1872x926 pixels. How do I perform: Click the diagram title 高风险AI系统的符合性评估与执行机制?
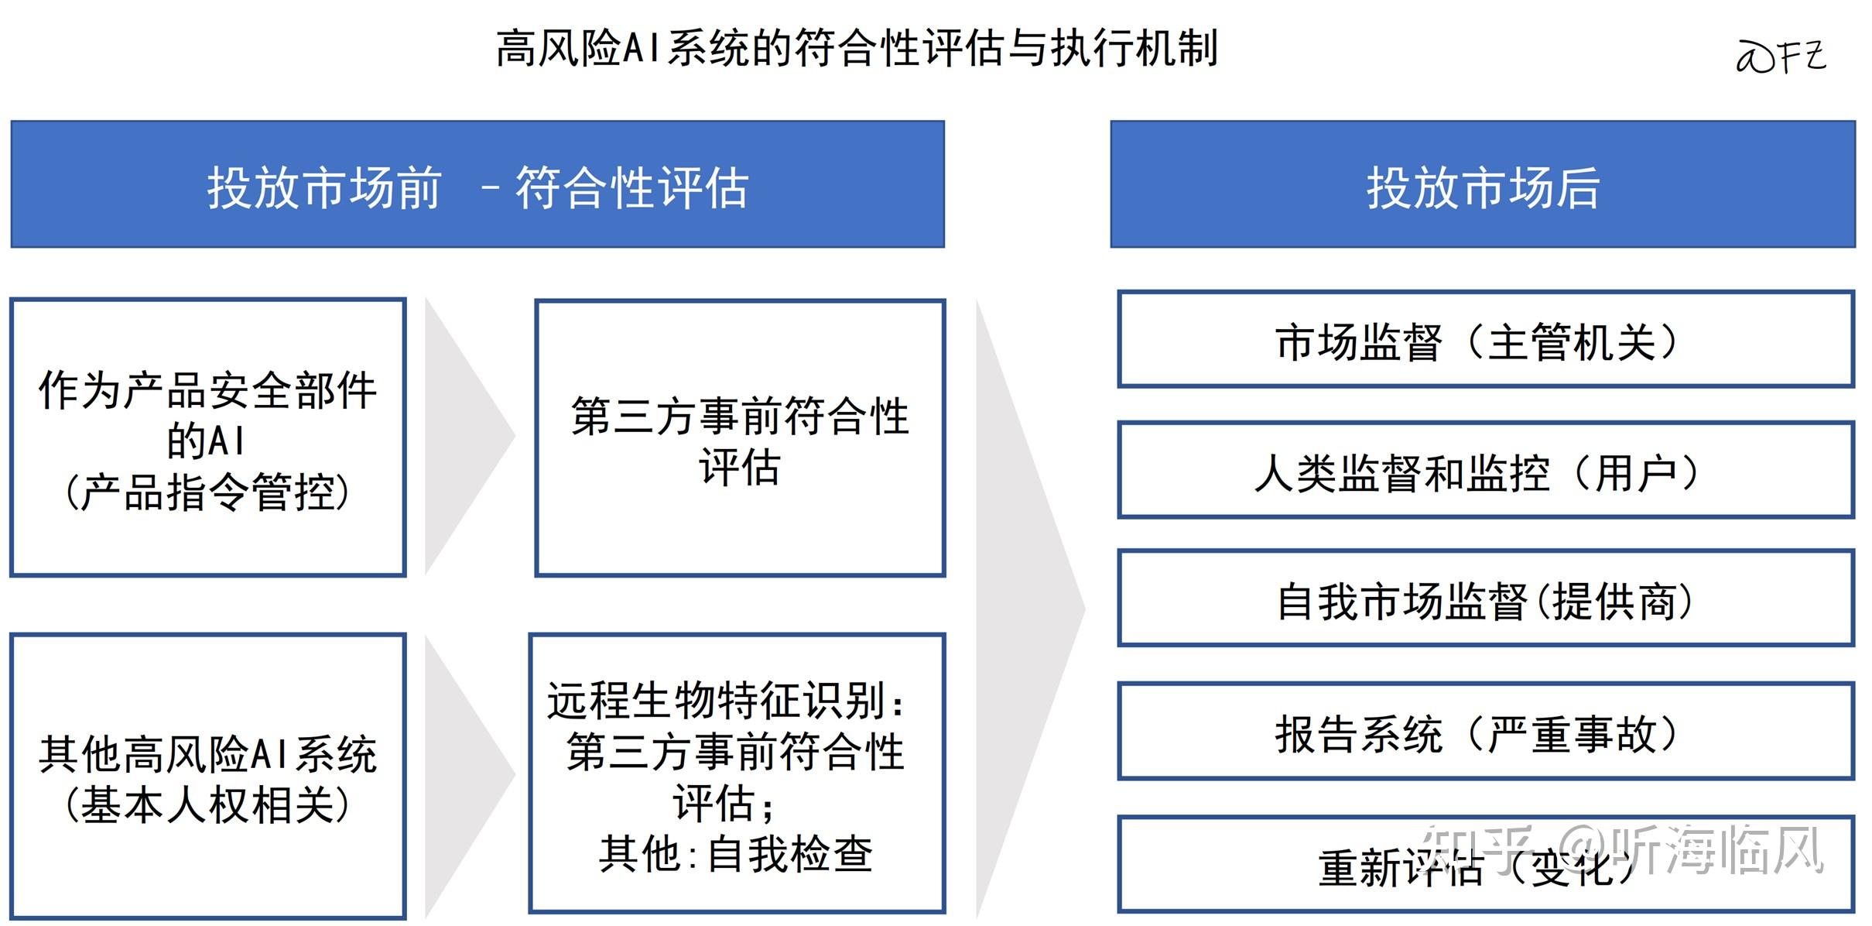pyautogui.click(x=857, y=48)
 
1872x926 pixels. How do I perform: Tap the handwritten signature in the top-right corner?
pyautogui.click(x=1781, y=57)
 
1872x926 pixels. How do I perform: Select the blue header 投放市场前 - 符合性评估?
pyautogui.click(x=477, y=185)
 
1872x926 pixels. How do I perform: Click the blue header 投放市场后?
pyautogui.click(x=1482, y=185)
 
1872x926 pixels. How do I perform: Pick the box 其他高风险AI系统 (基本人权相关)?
pyautogui.click(x=207, y=776)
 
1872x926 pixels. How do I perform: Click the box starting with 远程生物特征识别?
pyautogui.click(x=737, y=773)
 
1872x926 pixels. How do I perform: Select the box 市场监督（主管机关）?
pyautogui.click(x=1485, y=340)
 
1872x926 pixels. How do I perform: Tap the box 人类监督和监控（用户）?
pyautogui.click(x=1485, y=471)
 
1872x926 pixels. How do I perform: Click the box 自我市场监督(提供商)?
pyautogui.click(x=1485, y=598)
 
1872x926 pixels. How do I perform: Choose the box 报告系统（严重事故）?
pyautogui.click(x=1485, y=732)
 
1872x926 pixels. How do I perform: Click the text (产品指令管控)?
pyautogui.click(x=207, y=492)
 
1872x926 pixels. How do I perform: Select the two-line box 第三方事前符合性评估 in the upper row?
pyautogui.click(x=740, y=439)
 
